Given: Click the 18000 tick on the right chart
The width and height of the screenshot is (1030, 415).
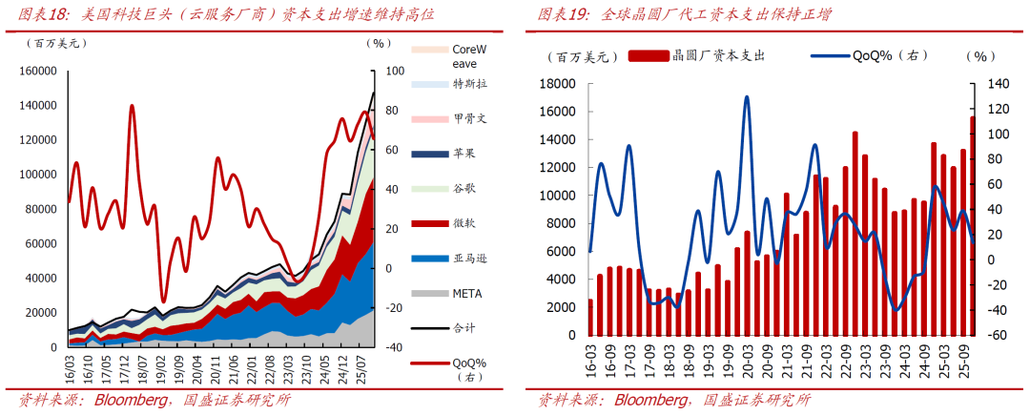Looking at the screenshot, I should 558,84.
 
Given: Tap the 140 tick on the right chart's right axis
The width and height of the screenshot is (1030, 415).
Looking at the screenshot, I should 998,84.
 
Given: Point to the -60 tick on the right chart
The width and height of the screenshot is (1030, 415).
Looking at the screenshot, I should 998,336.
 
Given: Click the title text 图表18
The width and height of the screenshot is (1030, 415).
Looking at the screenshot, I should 43,15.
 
